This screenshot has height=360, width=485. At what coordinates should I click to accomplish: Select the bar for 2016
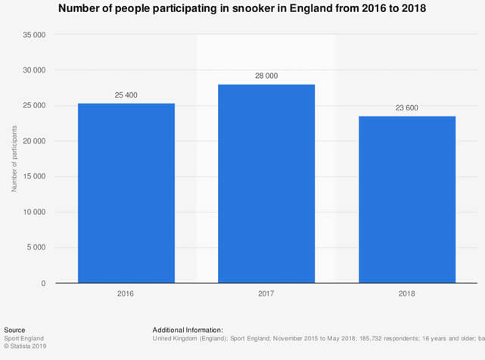point(126,193)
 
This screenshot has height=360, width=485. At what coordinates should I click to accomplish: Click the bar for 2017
point(266,184)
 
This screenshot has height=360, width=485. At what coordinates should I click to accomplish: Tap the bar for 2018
point(406,199)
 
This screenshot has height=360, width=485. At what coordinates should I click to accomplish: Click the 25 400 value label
point(126,95)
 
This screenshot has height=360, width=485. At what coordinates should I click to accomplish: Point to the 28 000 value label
point(266,76)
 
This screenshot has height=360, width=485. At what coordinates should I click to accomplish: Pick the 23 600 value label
point(406,107)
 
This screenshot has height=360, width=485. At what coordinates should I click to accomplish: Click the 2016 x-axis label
point(126,293)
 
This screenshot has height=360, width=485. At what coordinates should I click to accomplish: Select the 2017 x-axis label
point(266,293)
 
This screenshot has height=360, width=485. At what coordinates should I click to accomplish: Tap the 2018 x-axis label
point(406,293)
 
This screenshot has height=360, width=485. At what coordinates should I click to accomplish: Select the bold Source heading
point(14,330)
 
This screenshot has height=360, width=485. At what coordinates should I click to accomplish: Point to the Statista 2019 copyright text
point(26,346)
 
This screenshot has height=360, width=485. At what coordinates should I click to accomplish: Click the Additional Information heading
point(188,330)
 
